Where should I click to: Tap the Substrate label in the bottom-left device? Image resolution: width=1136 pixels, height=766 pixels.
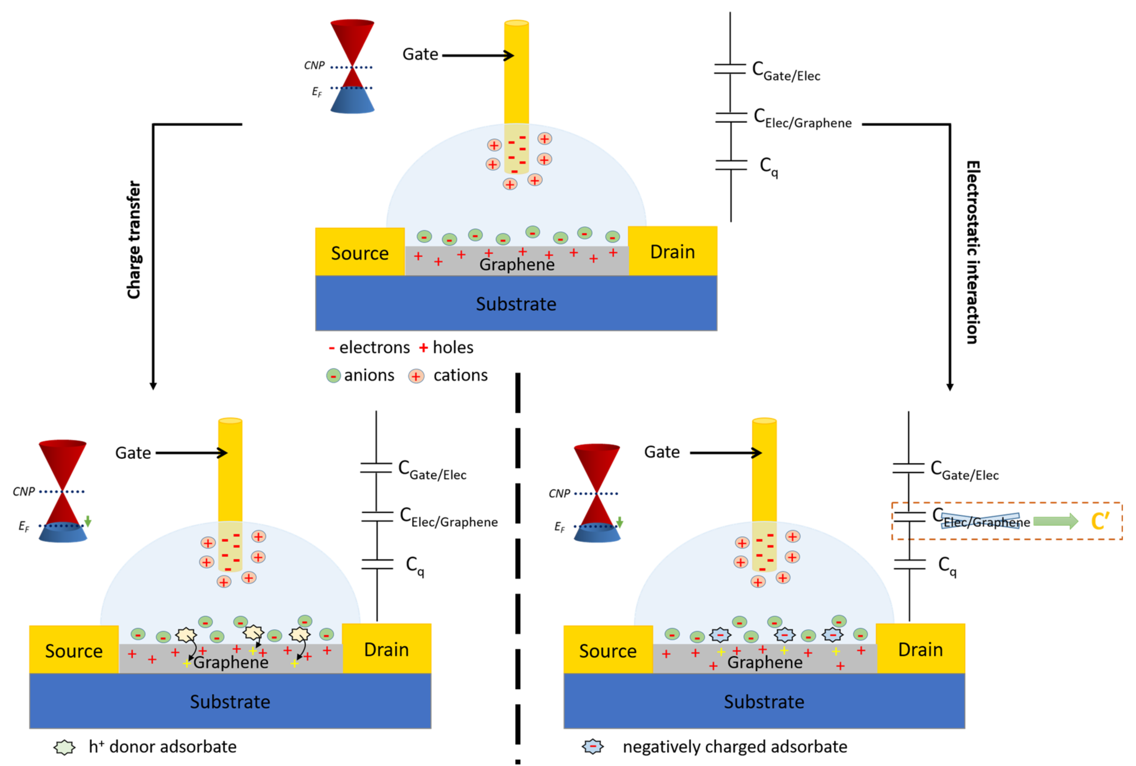tap(230, 701)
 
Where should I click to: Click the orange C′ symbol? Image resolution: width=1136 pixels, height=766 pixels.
tap(1100, 521)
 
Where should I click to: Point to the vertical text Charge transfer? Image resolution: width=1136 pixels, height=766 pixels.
tap(133, 240)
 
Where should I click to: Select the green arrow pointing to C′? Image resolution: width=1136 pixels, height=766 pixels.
tap(1055, 521)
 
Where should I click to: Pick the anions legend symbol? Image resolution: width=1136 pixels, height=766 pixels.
tap(333, 376)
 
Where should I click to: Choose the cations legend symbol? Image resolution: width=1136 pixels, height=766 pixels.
tap(416, 376)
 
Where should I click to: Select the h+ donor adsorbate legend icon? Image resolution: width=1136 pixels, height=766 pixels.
tap(64, 747)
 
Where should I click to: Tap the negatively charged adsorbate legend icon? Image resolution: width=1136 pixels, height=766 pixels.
tap(593, 746)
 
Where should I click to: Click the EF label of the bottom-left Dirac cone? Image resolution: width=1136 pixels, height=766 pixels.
tap(23, 526)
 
